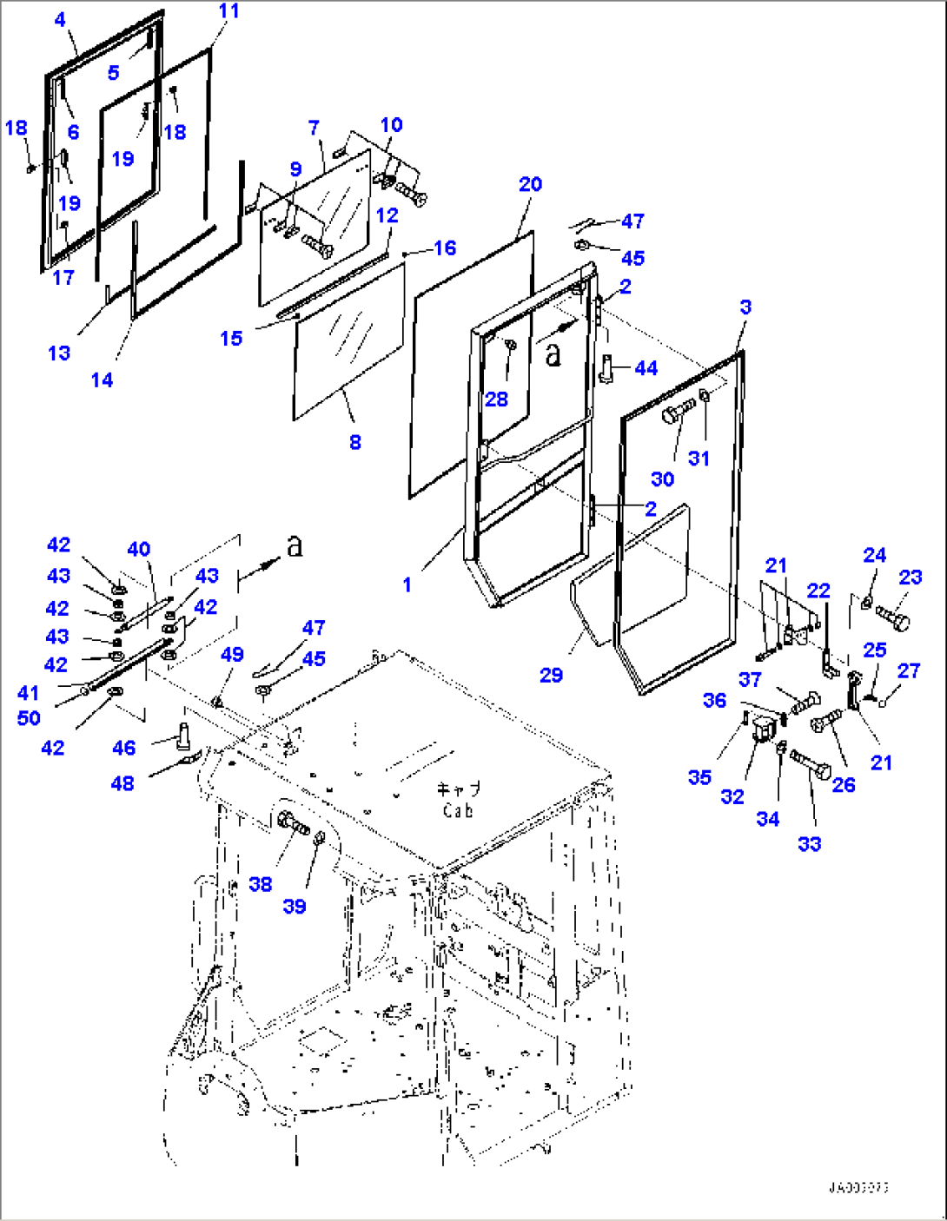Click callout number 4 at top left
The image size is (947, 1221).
60,20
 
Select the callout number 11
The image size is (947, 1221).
228,11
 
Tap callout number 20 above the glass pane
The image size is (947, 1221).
530,184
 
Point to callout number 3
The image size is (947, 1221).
745,307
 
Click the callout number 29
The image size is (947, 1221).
551,675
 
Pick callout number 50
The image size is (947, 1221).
29,718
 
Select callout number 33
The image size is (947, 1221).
809,843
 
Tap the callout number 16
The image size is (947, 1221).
445,248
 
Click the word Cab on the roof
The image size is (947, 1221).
457,811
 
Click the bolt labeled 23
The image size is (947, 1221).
892,618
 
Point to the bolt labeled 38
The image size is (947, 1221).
293,822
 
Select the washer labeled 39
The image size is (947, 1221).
320,838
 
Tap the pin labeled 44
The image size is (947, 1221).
606,367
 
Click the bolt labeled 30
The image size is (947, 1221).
679,411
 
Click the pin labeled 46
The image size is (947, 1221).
183,734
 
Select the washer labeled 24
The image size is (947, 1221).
866,602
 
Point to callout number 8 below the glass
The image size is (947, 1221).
354,442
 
